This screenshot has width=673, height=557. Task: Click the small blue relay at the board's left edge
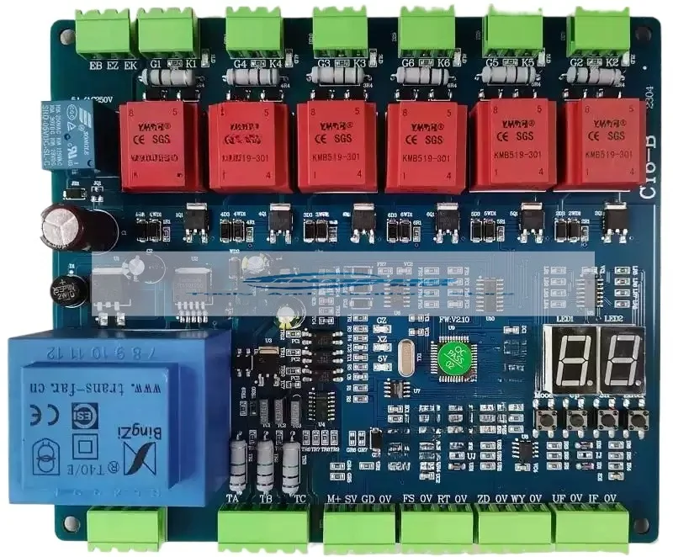click(x=57, y=135)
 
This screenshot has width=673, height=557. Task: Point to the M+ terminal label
click(x=334, y=499)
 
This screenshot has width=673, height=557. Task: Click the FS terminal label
click(x=409, y=499)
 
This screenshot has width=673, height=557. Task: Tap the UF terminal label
click(x=559, y=499)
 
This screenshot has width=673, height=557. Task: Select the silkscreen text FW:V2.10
click(x=453, y=320)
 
